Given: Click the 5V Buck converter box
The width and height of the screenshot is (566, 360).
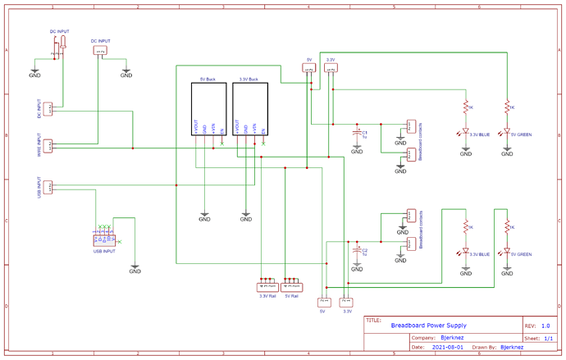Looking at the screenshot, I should [208, 108].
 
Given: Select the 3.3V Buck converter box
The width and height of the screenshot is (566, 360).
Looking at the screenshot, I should [249, 108].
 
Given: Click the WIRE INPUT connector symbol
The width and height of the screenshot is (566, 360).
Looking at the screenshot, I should [48, 146].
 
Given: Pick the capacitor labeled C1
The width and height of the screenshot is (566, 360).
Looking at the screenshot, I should [357, 131].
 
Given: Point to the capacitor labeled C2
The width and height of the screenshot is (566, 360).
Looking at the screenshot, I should [357, 250].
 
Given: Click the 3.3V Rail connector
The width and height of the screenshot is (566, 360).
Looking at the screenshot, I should [267, 287].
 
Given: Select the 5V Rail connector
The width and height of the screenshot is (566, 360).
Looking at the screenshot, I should [290, 287].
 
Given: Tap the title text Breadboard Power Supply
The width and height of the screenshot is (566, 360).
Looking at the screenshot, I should [428, 326].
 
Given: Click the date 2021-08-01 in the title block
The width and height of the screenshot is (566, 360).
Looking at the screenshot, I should [447, 347].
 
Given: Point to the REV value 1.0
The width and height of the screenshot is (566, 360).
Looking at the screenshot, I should [545, 326].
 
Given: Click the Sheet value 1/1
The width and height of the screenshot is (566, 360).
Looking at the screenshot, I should [548, 337].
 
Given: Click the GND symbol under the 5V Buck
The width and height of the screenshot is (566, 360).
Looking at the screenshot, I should [204, 217].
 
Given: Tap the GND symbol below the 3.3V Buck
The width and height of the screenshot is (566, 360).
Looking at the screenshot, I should [245, 217].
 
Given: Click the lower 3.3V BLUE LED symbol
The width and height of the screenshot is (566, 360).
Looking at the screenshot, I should [465, 251].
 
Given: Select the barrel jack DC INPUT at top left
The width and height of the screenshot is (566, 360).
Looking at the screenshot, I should [59, 48].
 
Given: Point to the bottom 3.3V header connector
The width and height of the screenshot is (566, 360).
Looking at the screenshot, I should [345, 302].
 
